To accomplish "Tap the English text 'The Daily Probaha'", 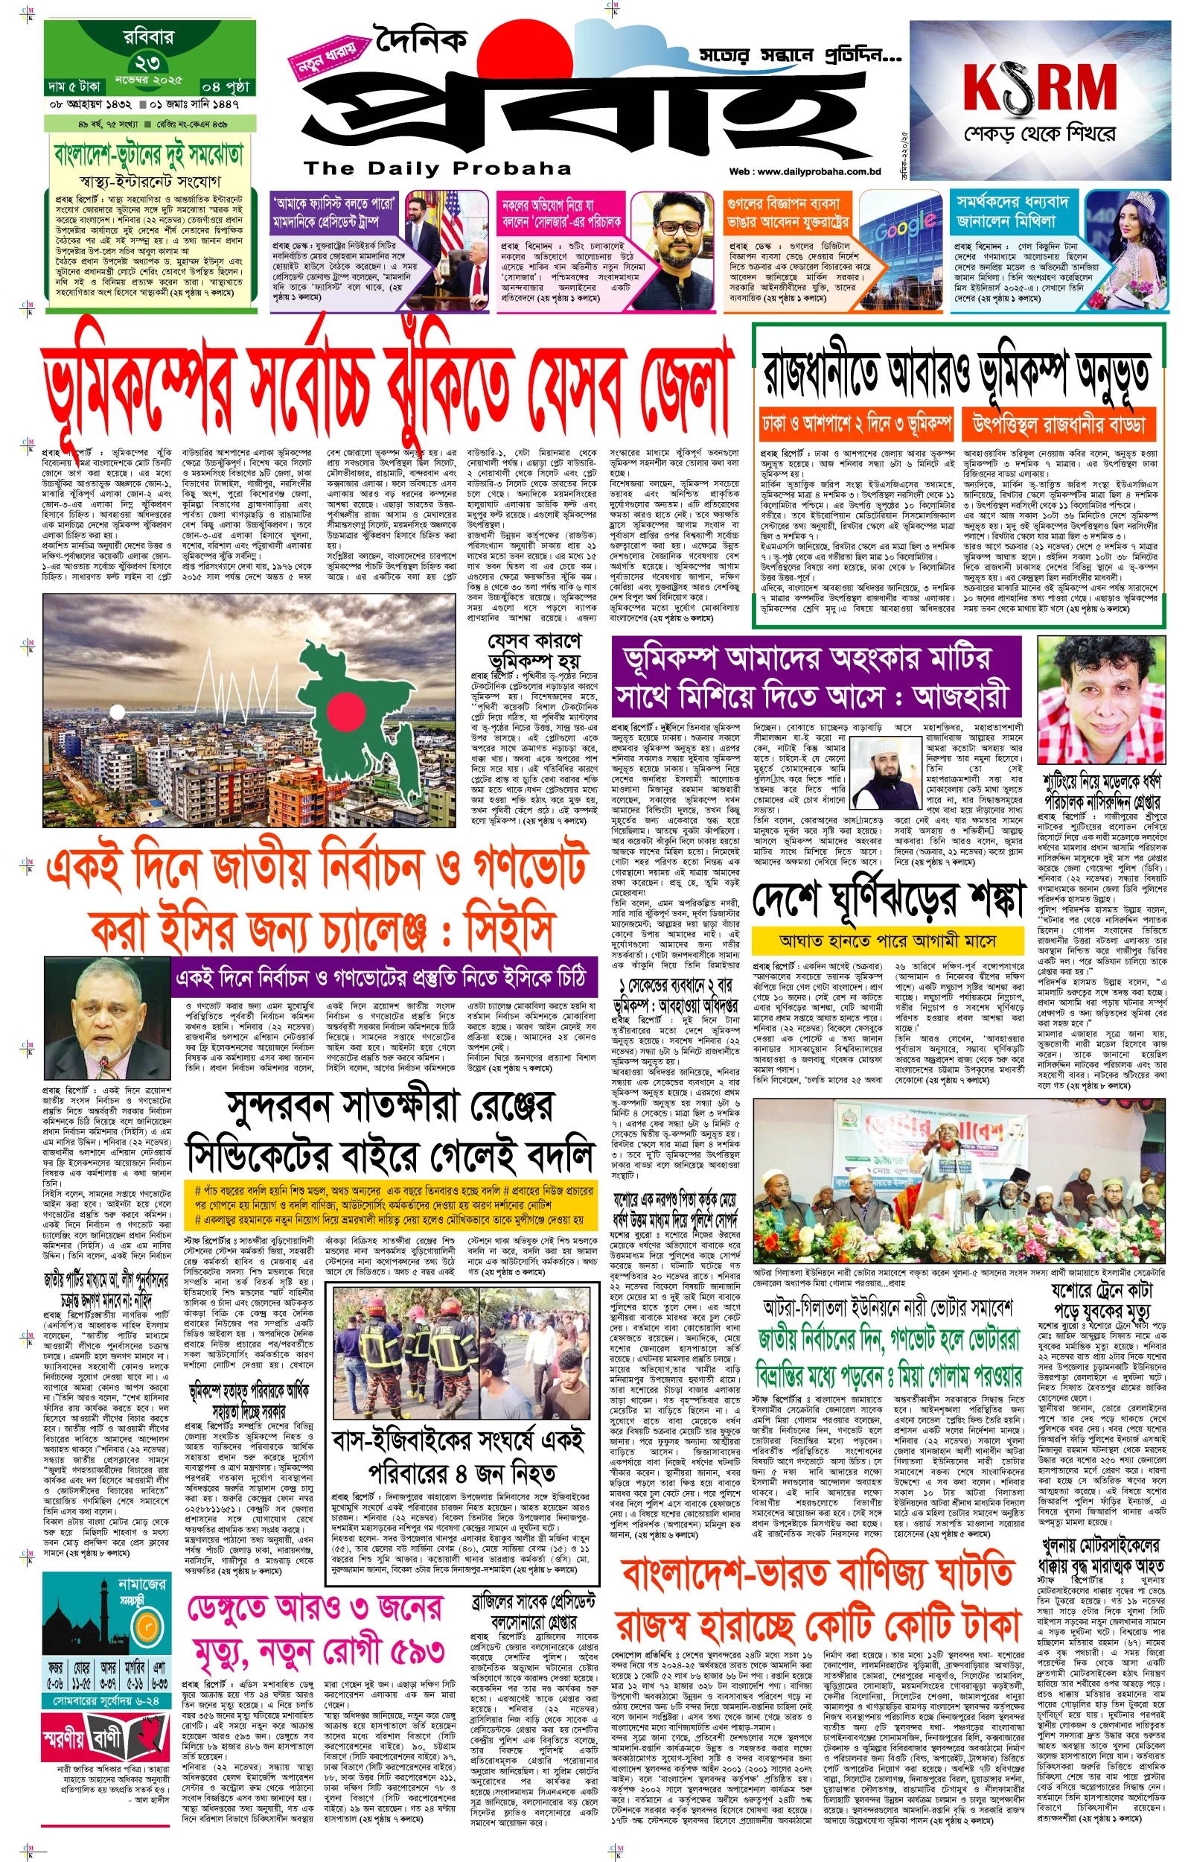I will point(437,168).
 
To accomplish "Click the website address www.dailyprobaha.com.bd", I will point(805,172).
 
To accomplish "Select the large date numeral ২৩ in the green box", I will point(147,63).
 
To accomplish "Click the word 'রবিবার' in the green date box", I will point(148,36).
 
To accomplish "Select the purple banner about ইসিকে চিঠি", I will point(384,977).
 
